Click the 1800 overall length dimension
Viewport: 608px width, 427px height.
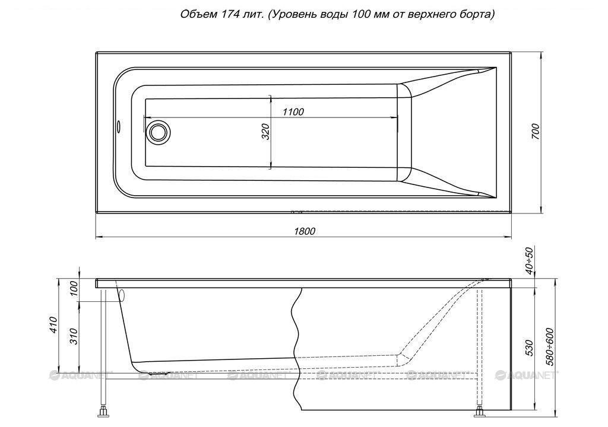pyautogui.click(x=305, y=231)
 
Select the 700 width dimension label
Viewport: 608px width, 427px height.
pyautogui.click(x=536, y=132)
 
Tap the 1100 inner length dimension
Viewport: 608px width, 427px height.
pyautogui.click(x=293, y=112)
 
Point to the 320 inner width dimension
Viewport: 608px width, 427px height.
pyautogui.click(x=265, y=132)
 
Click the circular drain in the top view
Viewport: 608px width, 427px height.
pyautogui.click(x=158, y=131)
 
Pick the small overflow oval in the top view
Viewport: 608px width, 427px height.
pyautogui.click(x=119, y=126)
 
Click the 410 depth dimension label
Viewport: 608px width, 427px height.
pyautogui.click(x=53, y=325)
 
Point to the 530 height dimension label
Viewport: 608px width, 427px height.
pyautogui.click(x=530, y=348)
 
